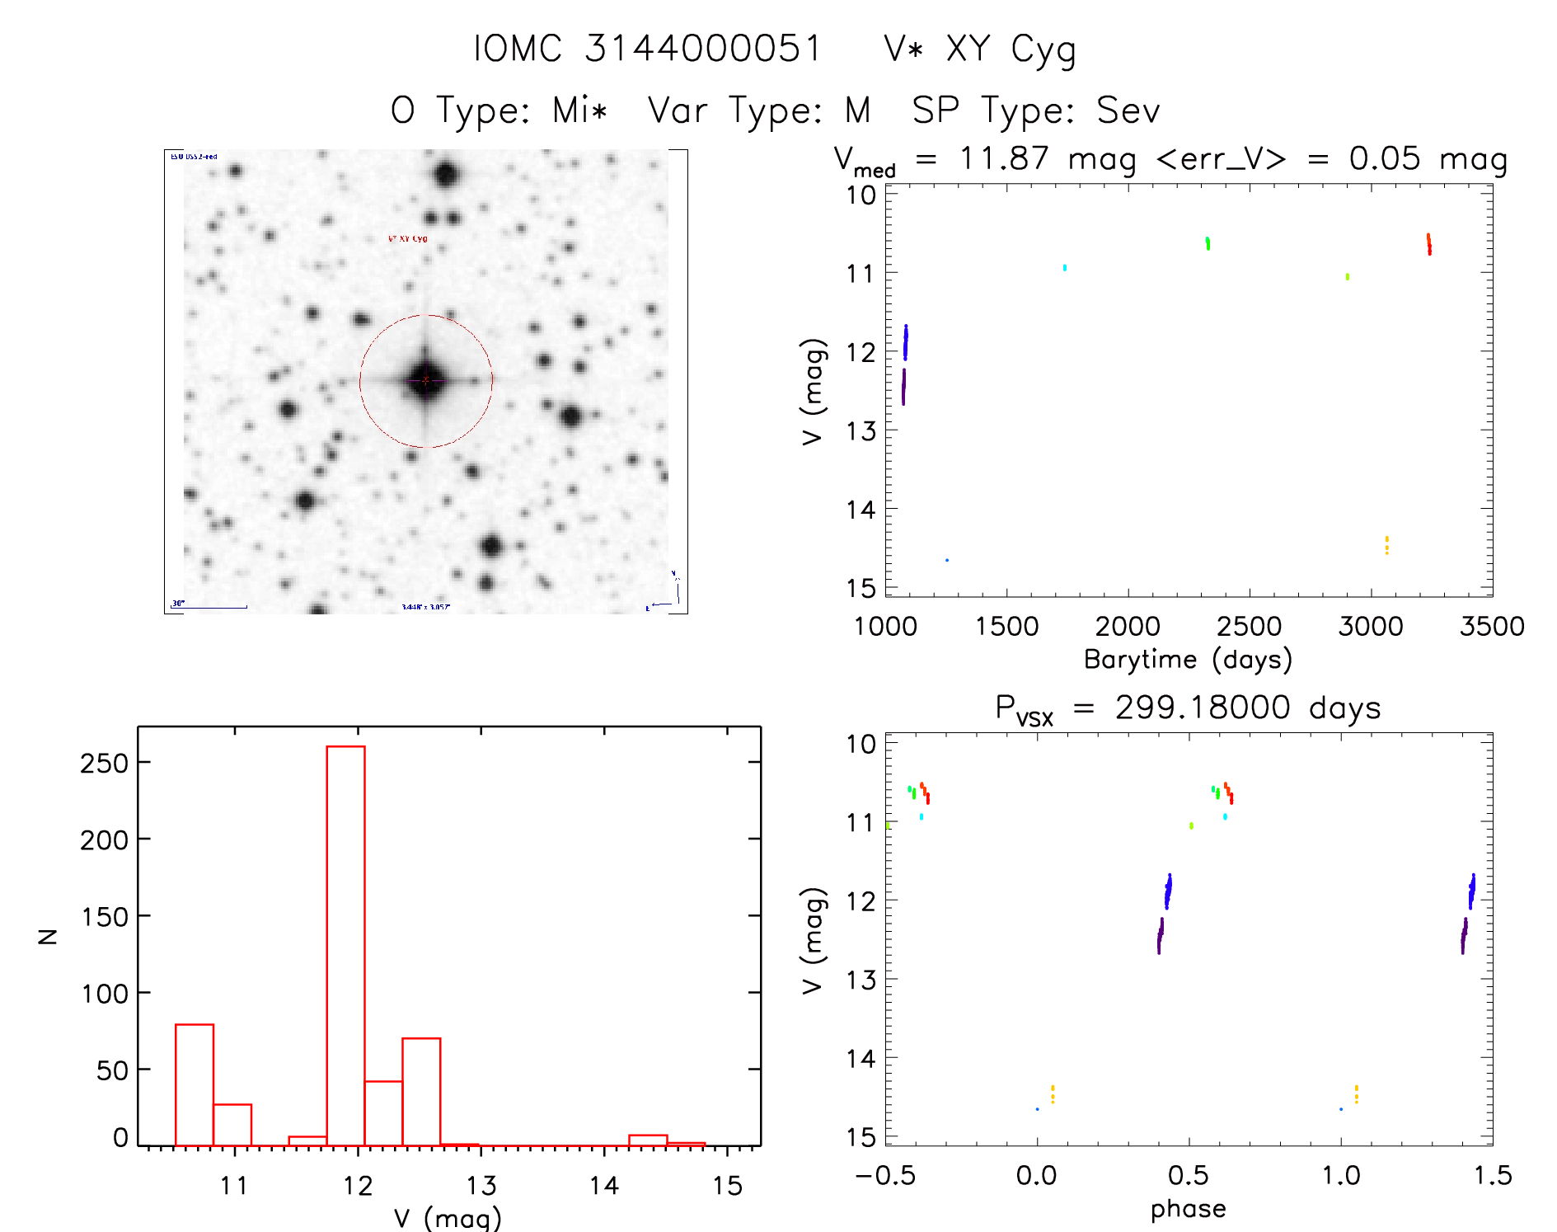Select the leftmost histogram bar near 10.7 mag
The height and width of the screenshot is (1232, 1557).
click(195, 1084)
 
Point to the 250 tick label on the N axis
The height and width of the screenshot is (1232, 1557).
click(104, 764)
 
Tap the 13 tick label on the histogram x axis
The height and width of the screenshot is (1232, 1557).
click(481, 1186)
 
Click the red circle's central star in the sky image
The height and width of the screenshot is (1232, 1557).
click(425, 380)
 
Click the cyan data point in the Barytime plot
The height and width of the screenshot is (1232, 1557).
click(1064, 267)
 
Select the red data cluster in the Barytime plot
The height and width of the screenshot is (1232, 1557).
click(1429, 244)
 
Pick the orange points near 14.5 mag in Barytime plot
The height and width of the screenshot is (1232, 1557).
click(1386, 545)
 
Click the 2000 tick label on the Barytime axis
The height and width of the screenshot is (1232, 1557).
click(1128, 627)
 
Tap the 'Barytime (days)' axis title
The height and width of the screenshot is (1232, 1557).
click(1188, 660)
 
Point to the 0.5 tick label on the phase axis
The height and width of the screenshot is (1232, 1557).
click(1189, 1176)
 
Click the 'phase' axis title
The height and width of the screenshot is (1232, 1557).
click(1188, 1209)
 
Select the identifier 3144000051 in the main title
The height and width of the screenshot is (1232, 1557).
click(703, 49)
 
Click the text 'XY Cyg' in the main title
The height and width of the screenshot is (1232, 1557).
click(1011, 49)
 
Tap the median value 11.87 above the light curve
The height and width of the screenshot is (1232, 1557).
click(1004, 158)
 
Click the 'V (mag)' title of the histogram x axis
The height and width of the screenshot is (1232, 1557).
click(447, 1218)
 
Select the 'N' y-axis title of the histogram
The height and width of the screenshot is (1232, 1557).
click(48, 936)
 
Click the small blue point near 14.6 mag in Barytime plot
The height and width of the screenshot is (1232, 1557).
click(946, 560)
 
